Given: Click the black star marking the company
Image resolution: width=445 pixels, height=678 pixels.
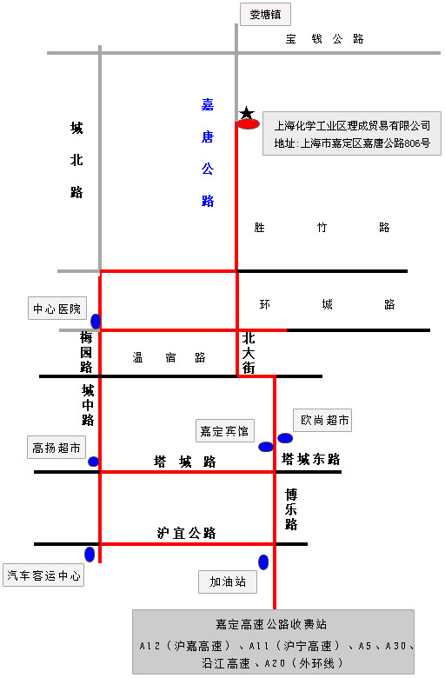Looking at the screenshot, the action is (x=247, y=113).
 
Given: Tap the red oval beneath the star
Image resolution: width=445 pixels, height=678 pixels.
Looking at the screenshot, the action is (x=249, y=124).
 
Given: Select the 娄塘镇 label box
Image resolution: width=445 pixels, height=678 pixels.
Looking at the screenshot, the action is (x=265, y=14).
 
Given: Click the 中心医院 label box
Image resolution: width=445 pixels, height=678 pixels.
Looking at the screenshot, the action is (x=57, y=309).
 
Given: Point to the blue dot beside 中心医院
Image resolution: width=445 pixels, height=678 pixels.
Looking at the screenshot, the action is (x=96, y=322).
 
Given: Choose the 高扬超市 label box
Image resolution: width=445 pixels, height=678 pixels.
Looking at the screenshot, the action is (x=56, y=448).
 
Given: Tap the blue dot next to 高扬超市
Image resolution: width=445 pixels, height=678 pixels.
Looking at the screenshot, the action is (x=93, y=462).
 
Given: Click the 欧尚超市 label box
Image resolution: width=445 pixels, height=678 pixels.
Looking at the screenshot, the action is (x=322, y=420).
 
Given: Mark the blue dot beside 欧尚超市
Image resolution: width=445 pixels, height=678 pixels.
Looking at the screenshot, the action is (x=285, y=438).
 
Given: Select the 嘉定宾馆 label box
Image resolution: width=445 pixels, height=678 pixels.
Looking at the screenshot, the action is (x=224, y=430).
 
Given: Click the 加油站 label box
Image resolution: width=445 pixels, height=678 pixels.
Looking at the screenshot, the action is (x=228, y=582).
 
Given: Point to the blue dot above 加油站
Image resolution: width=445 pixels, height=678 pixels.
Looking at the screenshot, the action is (x=263, y=562).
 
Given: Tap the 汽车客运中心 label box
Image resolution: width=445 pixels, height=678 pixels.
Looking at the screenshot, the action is (x=43, y=575).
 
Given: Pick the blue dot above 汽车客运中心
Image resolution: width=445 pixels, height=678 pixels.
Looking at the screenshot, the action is (x=90, y=555).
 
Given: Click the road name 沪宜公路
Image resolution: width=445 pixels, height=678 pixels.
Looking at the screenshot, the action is (x=186, y=533).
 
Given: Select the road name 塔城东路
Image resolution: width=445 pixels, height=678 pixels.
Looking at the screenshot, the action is (x=311, y=459).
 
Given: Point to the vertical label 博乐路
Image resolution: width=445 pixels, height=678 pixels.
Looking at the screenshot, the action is (x=291, y=509).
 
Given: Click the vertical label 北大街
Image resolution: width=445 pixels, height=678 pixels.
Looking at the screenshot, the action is (x=249, y=353).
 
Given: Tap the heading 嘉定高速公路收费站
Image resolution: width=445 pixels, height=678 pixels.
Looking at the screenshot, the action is (x=271, y=624).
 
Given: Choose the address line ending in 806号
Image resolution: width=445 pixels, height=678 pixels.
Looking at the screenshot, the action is (x=352, y=143).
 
